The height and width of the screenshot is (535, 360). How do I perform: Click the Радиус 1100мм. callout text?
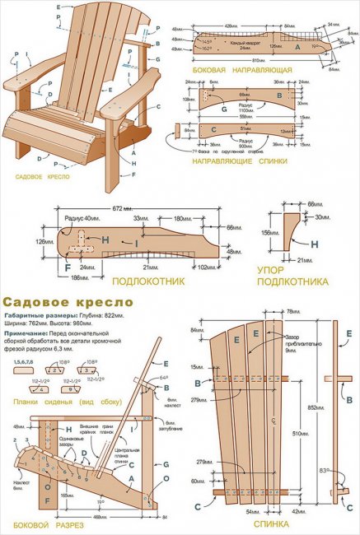pyautogui.click(x=249, y=106)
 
